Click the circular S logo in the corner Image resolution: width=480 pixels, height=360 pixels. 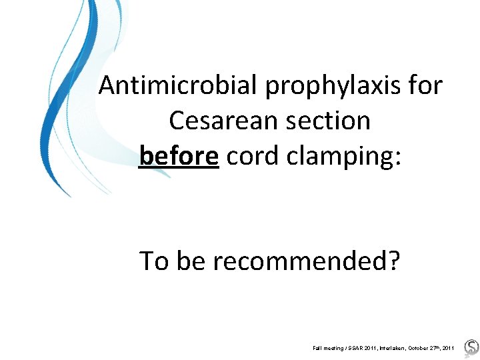click(471, 347)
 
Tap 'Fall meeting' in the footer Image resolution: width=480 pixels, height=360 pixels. click(329, 348)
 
